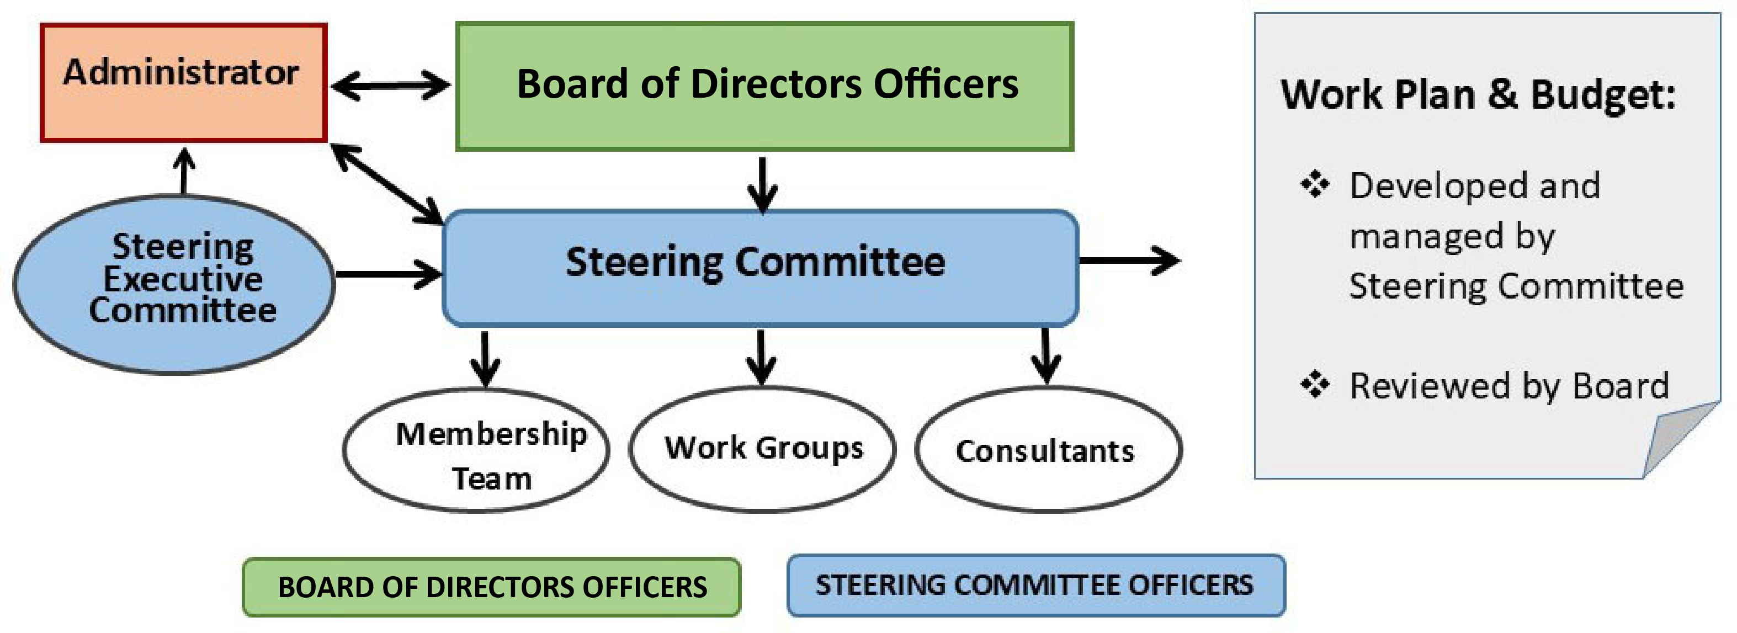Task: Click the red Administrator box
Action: (183, 83)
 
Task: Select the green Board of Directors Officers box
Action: (764, 86)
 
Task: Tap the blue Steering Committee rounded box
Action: (760, 268)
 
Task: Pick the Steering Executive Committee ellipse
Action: (174, 284)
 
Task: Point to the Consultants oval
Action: (1047, 450)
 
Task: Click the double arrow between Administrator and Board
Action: (390, 86)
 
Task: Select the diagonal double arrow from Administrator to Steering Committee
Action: (387, 183)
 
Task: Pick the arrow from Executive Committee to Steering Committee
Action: (387, 274)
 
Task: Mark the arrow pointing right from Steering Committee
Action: (1129, 260)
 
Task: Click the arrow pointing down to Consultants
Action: (1045, 355)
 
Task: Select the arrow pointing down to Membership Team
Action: (485, 358)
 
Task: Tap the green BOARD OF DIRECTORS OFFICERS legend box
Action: (492, 587)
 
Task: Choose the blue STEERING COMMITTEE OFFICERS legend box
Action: (1035, 586)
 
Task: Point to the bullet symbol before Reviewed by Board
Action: (1314, 385)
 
